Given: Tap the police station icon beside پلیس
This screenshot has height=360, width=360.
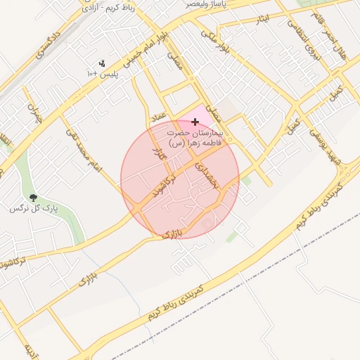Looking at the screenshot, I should coord(103,63).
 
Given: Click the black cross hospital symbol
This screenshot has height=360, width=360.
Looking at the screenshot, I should coord(195,122).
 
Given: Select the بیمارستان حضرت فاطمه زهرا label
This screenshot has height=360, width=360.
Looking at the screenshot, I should coord(195,136).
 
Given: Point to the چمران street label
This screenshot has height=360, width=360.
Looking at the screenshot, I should coord(34,112).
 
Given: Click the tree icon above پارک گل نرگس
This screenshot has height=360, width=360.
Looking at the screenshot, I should coord(33,198).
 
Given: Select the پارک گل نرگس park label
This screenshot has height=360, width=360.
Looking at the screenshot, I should coord(33,209).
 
